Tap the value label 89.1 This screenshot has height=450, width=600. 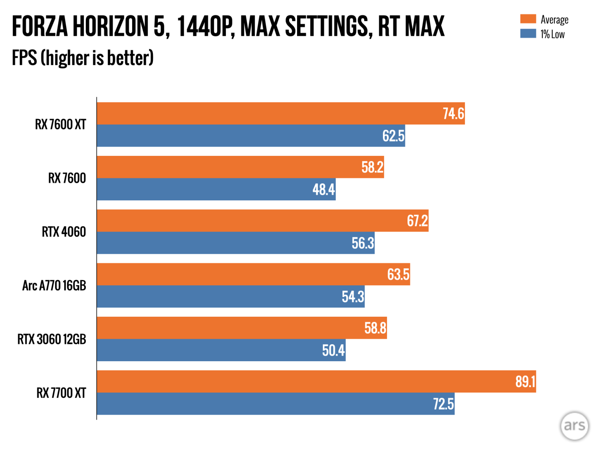[x=525, y=382]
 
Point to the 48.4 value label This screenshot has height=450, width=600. [x=324, y=190]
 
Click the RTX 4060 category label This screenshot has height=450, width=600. [x=64, y=232]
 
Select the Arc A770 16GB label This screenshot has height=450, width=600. [x=54, y=285]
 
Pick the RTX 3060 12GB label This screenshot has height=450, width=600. [x=52, y=339]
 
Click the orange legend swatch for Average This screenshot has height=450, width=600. [x=528, y=19]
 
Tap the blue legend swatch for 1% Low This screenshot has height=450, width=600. [x=528, y=34]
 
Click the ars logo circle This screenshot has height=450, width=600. [x=575, y=425]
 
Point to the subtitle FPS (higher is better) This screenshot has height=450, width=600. [x=82, y=58]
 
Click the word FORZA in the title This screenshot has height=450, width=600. [x=40, y=26]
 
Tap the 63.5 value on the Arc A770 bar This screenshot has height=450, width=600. [x=398, y=275]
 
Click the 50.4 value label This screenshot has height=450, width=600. [x=333, y=350]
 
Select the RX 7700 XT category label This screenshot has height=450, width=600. [x=61, y=393]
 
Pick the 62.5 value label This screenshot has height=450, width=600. [x=393, y=136]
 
